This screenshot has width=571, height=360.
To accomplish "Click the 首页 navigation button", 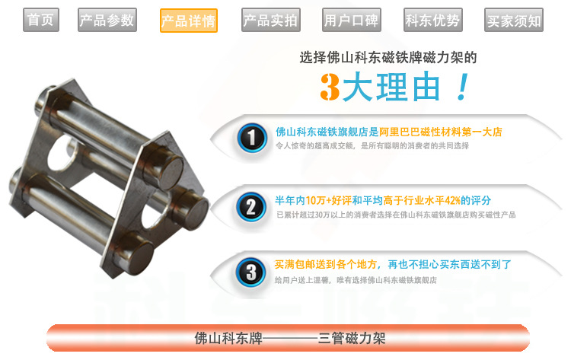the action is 41,20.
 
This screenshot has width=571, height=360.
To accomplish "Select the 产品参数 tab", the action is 107,20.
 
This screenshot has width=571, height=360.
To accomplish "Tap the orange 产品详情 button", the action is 189,21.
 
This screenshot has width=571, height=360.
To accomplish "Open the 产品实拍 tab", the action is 270,20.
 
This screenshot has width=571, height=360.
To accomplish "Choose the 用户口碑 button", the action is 352,20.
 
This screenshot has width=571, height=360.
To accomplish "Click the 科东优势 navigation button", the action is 433,20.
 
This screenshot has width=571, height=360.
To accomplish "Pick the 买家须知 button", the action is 514,20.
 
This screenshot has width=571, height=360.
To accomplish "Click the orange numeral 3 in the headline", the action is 330,87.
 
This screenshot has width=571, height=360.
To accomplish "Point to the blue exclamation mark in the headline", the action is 462,87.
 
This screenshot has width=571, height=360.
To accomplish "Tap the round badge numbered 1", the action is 252,138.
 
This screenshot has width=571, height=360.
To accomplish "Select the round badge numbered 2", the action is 251,207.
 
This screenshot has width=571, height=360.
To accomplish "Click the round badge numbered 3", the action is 251,272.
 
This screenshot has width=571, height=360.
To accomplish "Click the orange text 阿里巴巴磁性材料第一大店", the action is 441,132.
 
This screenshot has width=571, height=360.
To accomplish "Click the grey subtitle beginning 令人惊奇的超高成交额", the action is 372,146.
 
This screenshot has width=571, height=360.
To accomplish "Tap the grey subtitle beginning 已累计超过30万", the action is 396,215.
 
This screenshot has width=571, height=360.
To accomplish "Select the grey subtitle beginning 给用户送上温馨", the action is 356,280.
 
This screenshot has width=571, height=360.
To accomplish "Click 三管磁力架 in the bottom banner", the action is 352,339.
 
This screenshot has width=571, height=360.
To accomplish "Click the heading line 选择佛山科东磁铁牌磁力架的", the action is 388,58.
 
